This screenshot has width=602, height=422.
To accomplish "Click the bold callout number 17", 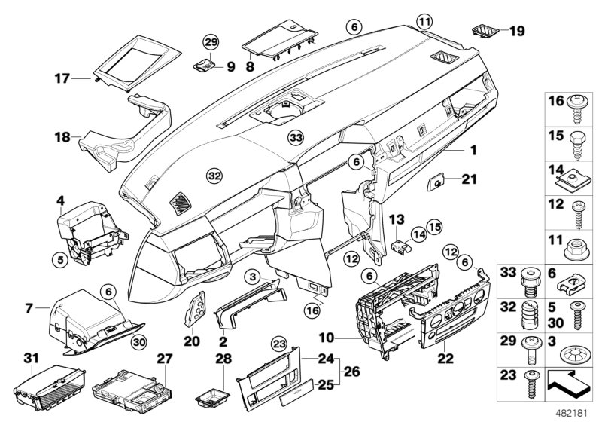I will (62, 77).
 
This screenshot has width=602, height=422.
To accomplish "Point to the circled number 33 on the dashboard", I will (296, 138).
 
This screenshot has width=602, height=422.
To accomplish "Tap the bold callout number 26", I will (351, 370).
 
